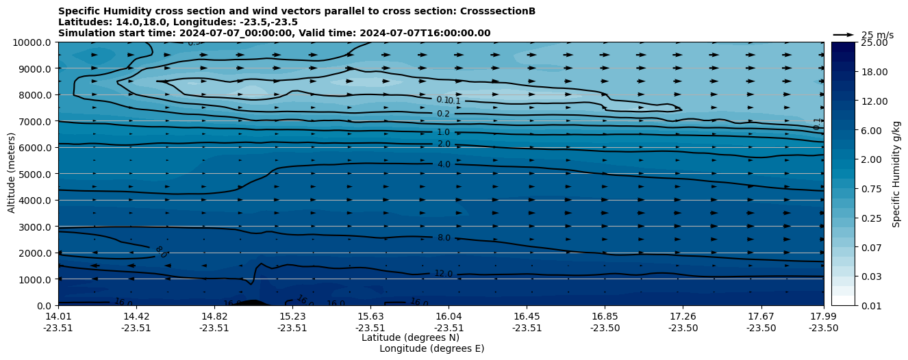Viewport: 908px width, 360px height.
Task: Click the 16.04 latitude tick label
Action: pyautogui.click(x=449, y=316)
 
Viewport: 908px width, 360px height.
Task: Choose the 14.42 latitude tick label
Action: pyautogui.click(x=136, y=316)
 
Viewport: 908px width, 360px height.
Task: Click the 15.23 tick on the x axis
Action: pyautogui.click(x=292, y=316)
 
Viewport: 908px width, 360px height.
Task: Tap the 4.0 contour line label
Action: pyautogui.click(x=444, y=165)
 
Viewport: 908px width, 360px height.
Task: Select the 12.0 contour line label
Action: pyautogui.click(x=443, y=274)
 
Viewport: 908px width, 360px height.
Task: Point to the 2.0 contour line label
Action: pyautogui.click(x=444, y=144)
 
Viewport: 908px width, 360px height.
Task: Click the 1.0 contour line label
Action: pyautogui.click(x=443, y=132)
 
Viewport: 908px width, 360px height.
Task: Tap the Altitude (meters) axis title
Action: pyautogui.click(x=12, y=174)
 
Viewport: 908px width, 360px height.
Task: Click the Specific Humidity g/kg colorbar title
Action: pyautogui.click(x=896, y=174)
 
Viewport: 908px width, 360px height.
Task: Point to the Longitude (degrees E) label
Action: pyautogui.click(x=431, y=348)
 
